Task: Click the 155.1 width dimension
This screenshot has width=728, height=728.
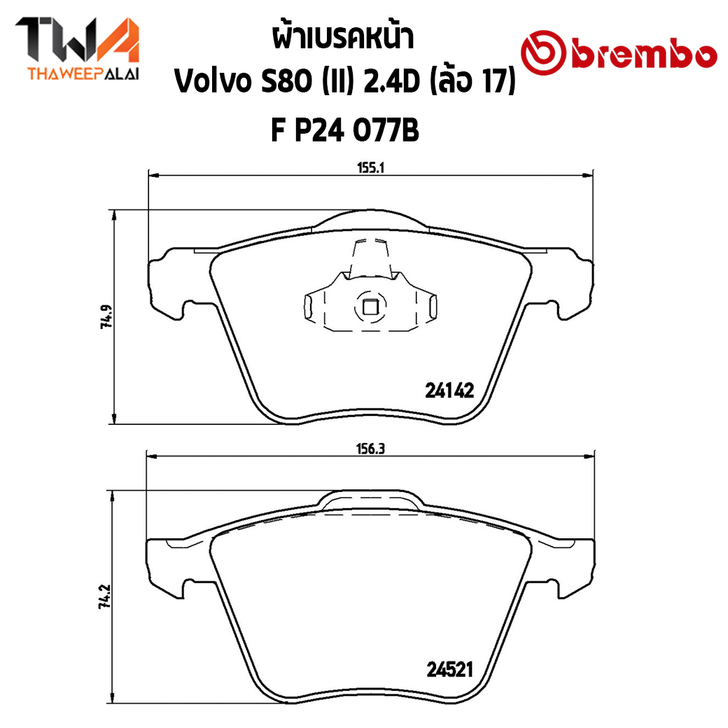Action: (x=370, y=167)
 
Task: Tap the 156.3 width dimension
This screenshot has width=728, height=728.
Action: (x=370, y=449)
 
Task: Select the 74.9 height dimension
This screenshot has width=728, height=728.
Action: (x=106, y=316)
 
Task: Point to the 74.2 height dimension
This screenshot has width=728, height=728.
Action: (x=104, y=596)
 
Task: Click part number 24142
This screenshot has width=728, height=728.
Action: (x=449, y=391)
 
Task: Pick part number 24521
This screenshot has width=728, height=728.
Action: (x=449, y=669)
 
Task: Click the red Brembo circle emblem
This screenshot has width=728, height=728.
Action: (x=543, y=53)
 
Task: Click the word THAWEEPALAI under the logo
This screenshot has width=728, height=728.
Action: (x=83, y=74)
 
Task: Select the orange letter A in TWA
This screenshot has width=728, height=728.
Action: (x=117, y=40)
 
